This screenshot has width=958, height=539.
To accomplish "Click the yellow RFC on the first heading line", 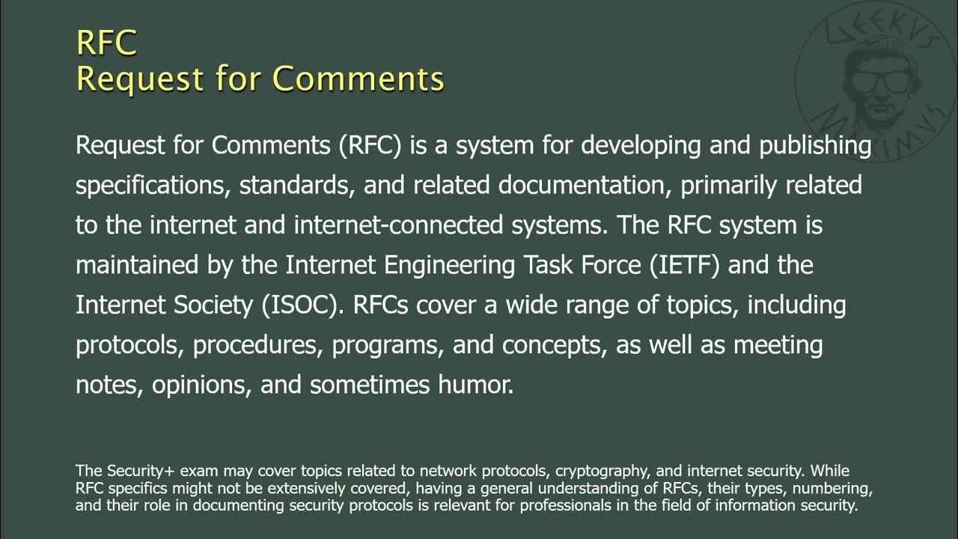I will coord(106,43).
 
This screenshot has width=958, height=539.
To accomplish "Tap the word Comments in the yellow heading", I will coord(358,79).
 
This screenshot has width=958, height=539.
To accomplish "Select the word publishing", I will coord(815,144).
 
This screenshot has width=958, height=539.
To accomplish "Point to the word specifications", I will coord(153,186).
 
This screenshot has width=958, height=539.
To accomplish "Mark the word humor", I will coord(476,386).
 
